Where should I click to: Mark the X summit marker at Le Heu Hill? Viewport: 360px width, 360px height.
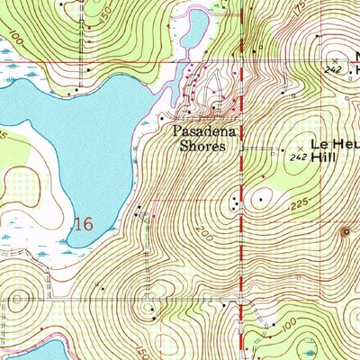click(x=300, y=146)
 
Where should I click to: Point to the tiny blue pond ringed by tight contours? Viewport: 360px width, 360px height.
click(x=348, y=232)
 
